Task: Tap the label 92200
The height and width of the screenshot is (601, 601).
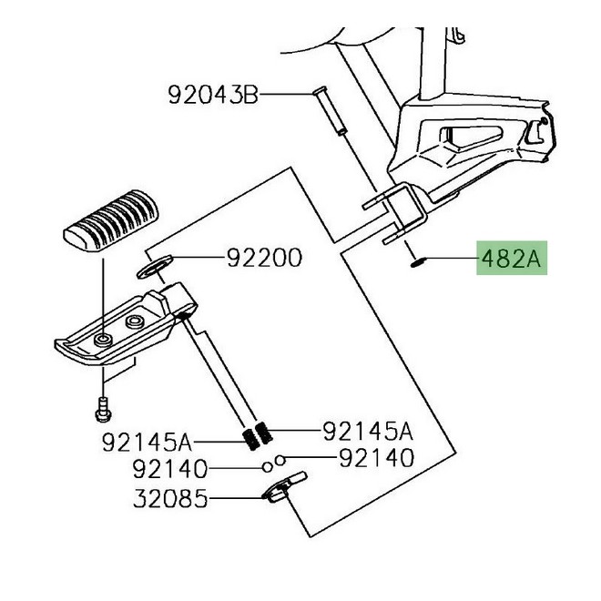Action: pyautogui.click(x=264, y=260)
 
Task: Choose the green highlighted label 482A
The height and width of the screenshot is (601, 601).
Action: pyautogui.click(x=510, y=260)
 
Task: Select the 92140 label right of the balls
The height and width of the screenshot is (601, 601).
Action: pyautogui.click(x=375, y=458)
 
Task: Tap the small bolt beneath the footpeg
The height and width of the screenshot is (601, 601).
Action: pyautogui.click(x=102, y=410)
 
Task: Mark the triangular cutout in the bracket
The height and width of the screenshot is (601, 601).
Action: pyautogui.click(x=474, y=143)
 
